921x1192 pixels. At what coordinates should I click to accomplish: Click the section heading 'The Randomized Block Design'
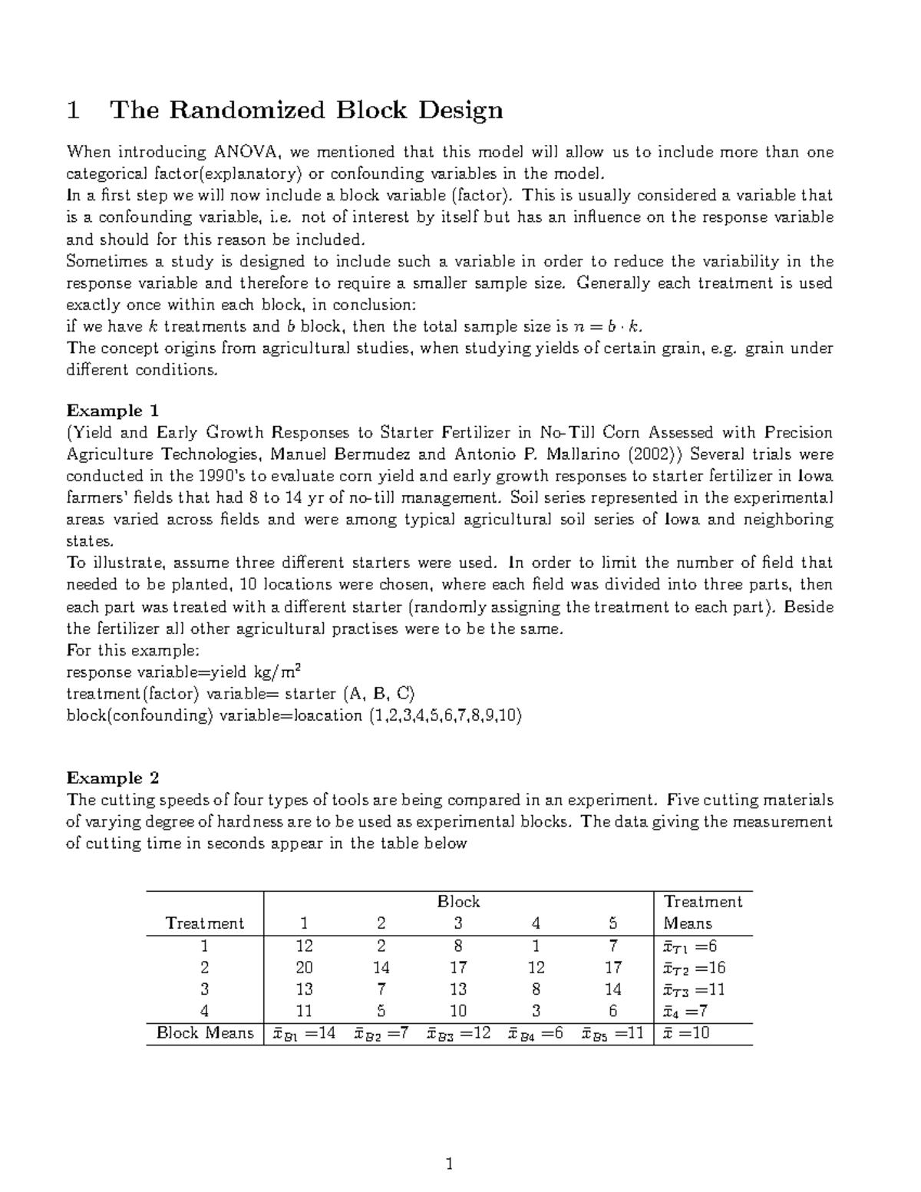[x=307, y=111]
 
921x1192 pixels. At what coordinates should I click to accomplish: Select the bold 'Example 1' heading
[x=113, y=411]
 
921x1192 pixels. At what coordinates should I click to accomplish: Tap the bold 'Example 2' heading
[x=113, y=778]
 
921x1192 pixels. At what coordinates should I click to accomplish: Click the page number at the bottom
[x=451, y=1166]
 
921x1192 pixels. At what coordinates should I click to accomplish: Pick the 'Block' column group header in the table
[x=458, y=902]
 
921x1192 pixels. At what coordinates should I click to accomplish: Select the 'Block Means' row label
[x=204, y=1033]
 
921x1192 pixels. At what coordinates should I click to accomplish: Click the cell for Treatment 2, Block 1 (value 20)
[x=304, y=968]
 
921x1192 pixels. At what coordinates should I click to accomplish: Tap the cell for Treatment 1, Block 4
[x=536, y=946]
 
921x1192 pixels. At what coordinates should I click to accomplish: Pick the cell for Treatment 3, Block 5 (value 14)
[x=612, y=989]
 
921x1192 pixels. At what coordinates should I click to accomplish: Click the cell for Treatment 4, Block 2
[x=381, y=1011]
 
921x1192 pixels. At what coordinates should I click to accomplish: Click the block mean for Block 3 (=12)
[x=458, y=1033]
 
